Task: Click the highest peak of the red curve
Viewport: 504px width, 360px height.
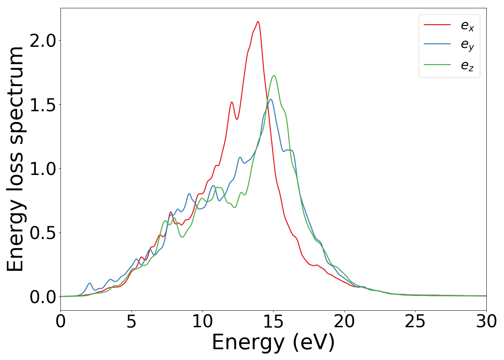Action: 258,22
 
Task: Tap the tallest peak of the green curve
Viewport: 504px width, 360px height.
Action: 274,76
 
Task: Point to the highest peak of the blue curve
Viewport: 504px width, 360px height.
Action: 270,99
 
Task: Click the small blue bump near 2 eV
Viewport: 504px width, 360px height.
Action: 90,283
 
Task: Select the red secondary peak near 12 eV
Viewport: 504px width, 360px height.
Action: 232,102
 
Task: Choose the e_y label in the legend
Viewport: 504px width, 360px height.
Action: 467,45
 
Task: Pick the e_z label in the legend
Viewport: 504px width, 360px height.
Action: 467,65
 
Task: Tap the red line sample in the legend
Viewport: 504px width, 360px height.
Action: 437,24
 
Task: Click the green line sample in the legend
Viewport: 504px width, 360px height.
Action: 437,65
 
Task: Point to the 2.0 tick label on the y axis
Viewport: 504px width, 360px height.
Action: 43,41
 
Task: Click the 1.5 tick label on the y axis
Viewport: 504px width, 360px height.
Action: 43,105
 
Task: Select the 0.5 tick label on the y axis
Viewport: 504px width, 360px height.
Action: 43,233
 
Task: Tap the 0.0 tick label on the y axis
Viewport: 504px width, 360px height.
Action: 43,297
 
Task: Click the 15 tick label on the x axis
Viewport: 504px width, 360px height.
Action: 273,321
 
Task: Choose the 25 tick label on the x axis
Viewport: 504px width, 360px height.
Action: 415,321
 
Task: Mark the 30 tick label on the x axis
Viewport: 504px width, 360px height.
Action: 486,321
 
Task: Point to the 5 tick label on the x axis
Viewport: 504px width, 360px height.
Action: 131,321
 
